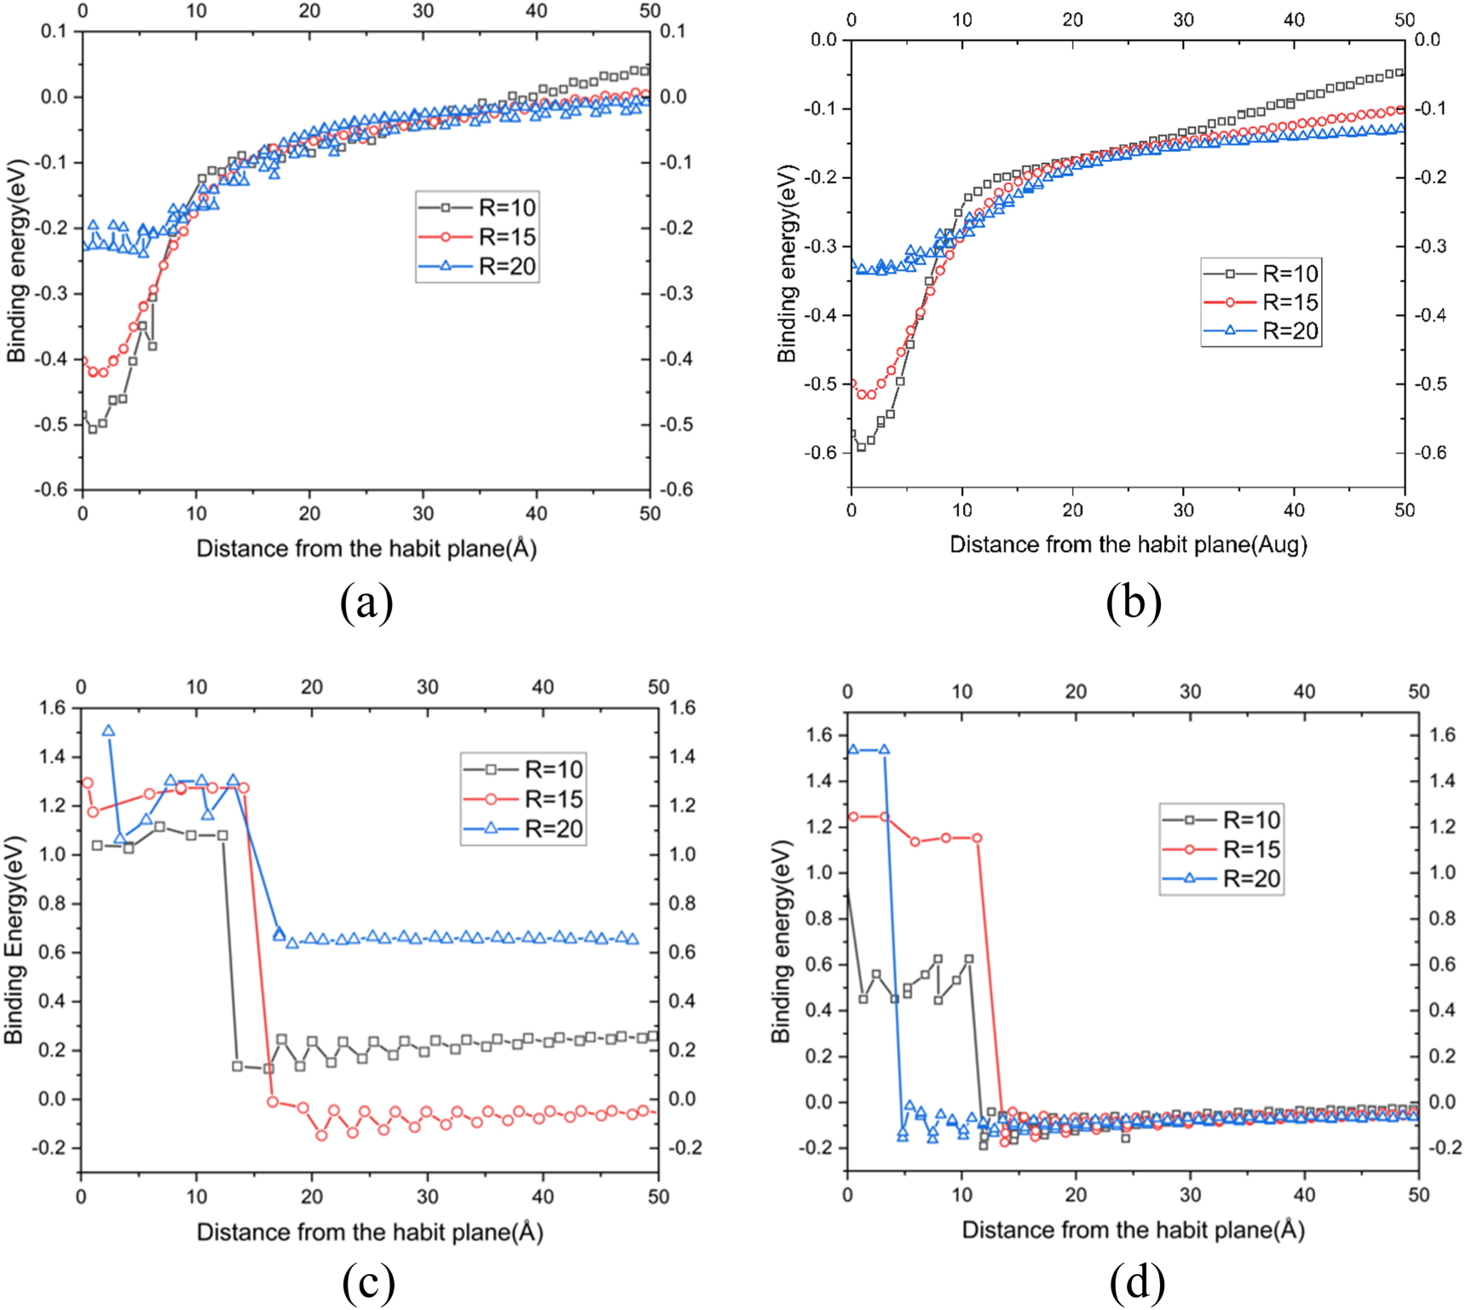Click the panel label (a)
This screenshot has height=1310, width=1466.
tap(366, 603)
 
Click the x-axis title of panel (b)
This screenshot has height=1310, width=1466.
tap(1128, 545)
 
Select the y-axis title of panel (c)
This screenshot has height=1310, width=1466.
tap(14, 939)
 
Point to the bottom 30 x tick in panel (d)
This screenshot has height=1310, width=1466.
tap(1190, 1195)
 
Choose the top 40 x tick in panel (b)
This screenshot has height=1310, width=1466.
tap(1294, 20)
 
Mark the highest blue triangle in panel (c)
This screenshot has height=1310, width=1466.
tap(108, 730)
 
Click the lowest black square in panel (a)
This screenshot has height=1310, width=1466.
tap(93, 429)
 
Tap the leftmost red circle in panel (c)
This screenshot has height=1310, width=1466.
tap(87, 782)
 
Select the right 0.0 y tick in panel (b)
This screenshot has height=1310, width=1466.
tap(1427, 40)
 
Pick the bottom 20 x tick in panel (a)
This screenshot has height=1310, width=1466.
tap(309, 513)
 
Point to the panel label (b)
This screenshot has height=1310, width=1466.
tap(1133, 603)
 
